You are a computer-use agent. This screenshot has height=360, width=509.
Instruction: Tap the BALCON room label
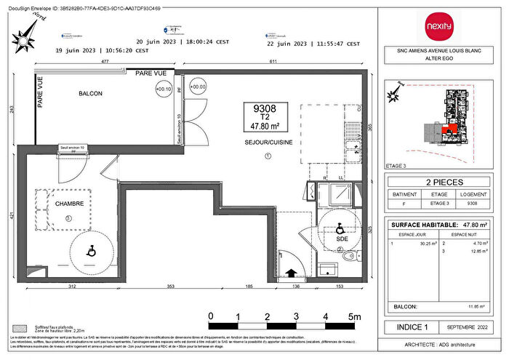click(x=90, y=95)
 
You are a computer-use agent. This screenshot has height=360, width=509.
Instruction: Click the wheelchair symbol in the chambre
click(x=92, y=251)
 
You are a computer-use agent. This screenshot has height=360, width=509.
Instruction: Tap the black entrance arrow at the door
click(x=291, y=273)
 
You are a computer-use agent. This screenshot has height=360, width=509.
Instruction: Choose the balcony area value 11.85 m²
click(x=476, y=307)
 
